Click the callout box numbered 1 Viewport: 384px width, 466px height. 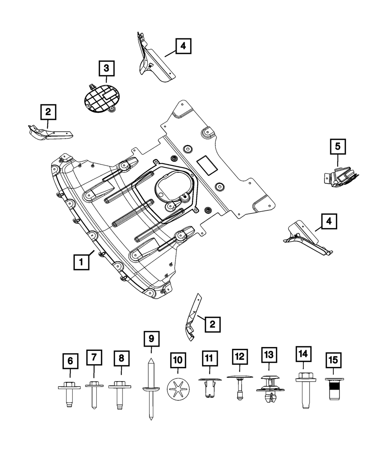pos(81,263)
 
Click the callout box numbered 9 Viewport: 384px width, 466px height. pos(151,339)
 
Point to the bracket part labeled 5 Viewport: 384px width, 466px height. pos(340,178)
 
